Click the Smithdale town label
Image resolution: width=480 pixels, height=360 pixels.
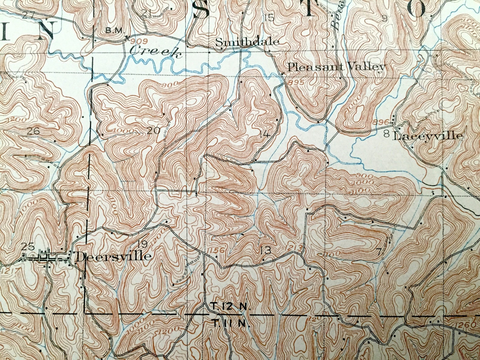point(247,42)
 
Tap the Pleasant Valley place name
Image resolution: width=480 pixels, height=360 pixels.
point(337,67)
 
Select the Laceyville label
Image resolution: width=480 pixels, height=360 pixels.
point(428,136)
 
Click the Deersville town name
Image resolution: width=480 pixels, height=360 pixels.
point(112,257)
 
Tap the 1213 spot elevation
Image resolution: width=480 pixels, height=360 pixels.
point(293,248)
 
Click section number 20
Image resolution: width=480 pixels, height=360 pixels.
point(154,131)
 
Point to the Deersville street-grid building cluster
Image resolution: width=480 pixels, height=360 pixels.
point(45,257)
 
